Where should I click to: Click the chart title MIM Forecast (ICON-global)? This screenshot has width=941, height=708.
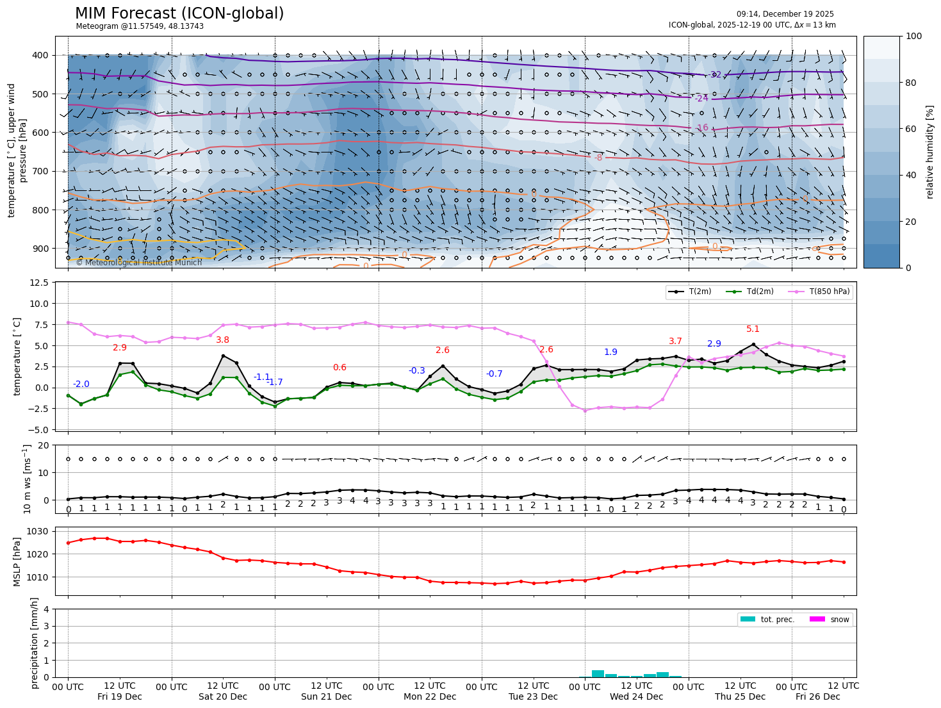pos(179,13)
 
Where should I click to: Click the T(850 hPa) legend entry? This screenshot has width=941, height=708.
pos(829,292)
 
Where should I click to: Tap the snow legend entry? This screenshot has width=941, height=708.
pos(839,620)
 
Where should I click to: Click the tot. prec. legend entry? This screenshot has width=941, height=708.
pos(777,620)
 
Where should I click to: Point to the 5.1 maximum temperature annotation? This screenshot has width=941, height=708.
pos(753,329)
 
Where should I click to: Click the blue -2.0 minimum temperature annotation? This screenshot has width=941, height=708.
pos(81,384)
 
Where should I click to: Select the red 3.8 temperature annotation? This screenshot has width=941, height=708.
pos(222,340)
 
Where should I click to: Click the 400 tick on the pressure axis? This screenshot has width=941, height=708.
pos(40,56)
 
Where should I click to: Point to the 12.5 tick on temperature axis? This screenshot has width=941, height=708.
pos(39,283)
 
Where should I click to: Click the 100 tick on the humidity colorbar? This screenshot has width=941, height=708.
pos(914,37)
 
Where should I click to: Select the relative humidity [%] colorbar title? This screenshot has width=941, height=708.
pos(929,152)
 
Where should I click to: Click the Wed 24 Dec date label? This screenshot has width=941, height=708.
pos(636,696)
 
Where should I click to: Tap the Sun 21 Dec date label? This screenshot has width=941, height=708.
pos(326,696)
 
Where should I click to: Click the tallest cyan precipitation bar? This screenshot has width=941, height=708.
pos(598,673)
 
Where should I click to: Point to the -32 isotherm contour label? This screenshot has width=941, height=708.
pos(715,75)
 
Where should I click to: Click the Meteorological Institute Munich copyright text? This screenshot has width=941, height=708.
pos(139,263)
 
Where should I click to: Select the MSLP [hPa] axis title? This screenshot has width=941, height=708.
pos(18,561)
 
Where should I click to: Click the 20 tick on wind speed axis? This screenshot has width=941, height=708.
pos(44,446)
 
